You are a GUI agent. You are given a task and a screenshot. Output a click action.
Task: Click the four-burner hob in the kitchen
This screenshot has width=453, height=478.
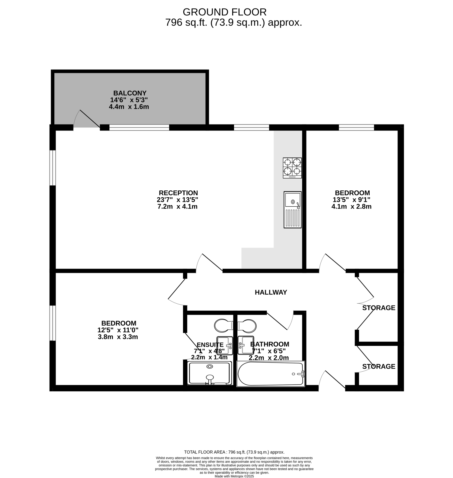(292, 168)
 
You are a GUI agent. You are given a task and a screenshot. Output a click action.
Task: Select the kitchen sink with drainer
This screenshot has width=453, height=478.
(293, 209)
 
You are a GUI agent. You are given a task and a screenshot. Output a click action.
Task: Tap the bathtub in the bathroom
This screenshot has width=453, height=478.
(271, 373)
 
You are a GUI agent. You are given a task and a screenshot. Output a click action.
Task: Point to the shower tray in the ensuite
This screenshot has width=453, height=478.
(210, 373)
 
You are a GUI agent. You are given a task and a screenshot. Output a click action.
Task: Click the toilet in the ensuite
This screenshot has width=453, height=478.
(224, 326)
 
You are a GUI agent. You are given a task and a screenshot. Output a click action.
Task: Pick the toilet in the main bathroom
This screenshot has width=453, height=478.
(247, 326)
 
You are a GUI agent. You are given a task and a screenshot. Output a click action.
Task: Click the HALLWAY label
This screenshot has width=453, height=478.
(271, 292)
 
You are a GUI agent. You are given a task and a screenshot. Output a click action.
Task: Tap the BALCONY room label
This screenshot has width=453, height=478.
(130, 93)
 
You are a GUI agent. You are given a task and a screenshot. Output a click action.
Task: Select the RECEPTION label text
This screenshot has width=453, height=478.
(178, 193)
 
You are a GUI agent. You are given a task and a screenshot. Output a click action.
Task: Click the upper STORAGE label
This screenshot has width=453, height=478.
(379, 308)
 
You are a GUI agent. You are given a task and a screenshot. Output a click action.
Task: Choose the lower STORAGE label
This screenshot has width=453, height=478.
(379, 367)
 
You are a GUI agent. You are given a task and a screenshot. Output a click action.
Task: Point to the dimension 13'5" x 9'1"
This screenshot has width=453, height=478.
(352, 200)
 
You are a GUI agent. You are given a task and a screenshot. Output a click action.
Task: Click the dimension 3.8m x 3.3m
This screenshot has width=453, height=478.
(118, 337)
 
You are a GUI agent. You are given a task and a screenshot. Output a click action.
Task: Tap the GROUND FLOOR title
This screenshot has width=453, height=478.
(225, 12)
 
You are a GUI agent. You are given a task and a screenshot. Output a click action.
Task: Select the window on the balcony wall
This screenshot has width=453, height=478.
(139, 128)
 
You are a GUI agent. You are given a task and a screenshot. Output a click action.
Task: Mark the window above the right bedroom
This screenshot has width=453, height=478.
(357, 128)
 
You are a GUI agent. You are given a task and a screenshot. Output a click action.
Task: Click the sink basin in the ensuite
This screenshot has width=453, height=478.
(225, 345)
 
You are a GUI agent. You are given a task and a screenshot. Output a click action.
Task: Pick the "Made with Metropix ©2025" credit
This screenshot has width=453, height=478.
(234, 476)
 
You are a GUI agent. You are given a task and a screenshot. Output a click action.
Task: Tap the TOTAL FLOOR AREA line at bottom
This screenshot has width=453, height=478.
(234, 452)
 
